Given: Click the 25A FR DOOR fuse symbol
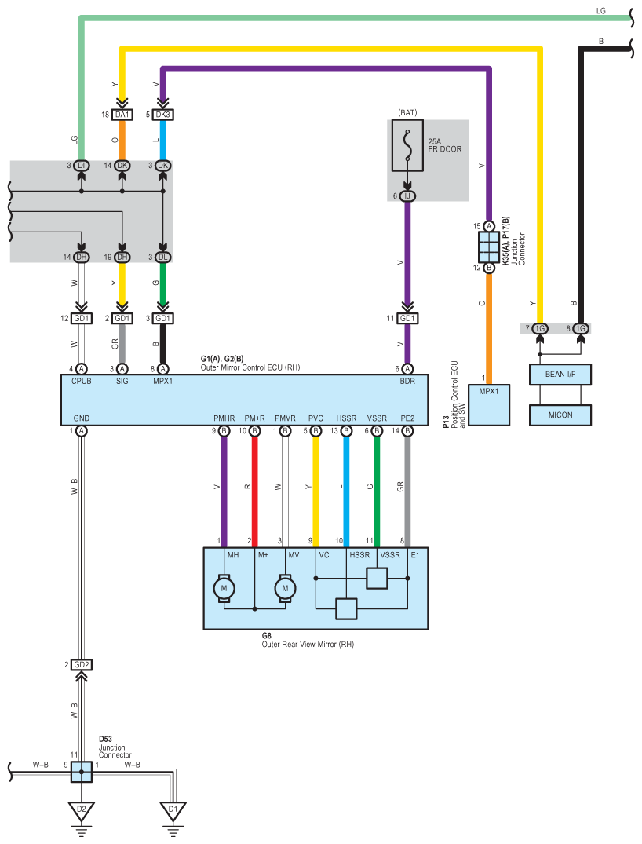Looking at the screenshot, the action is [407, 145].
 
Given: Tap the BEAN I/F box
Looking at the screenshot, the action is [560, 375].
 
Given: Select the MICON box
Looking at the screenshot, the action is [560, 415].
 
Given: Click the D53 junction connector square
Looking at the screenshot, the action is [82, 772].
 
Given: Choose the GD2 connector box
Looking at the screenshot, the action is [82, 665].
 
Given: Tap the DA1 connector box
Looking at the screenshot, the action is [122, 115].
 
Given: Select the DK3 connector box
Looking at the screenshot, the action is [162, 115].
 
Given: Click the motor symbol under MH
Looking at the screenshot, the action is [224, 588].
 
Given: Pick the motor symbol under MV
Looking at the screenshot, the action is [285, 588].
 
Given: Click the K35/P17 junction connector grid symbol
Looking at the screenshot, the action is [489, 247].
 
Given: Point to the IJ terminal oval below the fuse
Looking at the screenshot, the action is [407, 196].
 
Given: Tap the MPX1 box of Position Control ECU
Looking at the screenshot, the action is [489, 405].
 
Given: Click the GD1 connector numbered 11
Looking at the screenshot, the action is [407, 319].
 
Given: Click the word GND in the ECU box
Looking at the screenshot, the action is [82, 418].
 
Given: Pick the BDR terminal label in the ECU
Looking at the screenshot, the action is [407, 381].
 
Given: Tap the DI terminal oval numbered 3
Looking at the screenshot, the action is [82, 165].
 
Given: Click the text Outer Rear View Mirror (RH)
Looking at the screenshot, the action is [308, 645].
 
